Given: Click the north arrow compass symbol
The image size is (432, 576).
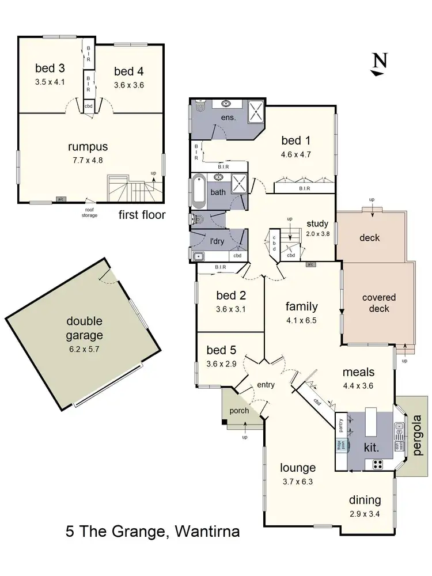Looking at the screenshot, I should [378, 64].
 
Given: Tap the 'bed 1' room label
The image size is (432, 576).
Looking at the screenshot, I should [295, 140].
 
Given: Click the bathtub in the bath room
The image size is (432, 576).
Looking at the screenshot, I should [198, 192].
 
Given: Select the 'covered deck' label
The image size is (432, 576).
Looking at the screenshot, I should [378, 303].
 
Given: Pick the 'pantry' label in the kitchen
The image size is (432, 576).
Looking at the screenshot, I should [341, 426].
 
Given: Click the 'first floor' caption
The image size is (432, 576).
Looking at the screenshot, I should [142, 215].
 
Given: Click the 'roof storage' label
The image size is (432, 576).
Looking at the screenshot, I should [89, 213].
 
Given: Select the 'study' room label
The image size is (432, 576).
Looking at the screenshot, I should [317, 223].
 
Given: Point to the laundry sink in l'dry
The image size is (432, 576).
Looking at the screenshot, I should [199, 255].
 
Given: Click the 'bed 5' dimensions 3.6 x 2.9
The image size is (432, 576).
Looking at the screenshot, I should [221, 363].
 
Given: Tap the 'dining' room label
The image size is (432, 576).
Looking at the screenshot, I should [365, 500].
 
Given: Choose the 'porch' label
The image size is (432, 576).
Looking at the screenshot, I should [238, 411].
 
